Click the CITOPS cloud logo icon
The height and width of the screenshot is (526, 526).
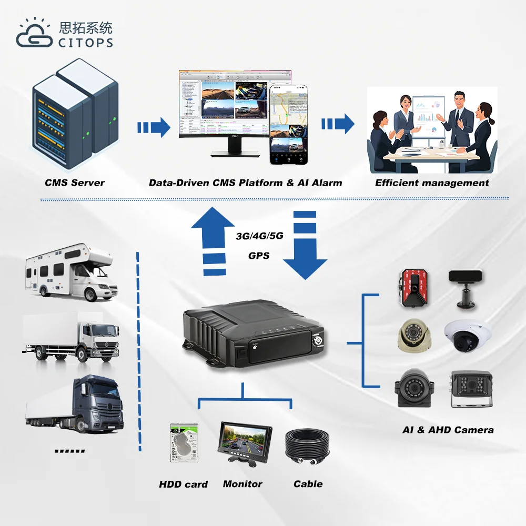[x=34, y=34]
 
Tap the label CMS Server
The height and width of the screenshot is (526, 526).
[x=75, y=183]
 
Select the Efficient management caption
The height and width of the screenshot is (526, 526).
[x=432, y=183]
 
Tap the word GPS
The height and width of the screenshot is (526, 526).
[x=259, y=256]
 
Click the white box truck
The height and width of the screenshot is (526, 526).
[x=71, y=337]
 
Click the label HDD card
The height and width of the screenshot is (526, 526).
[x=183, y=484]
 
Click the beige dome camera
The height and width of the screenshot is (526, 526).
[x=414, y=336]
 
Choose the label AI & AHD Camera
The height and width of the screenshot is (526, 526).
[x=448, y=430]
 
